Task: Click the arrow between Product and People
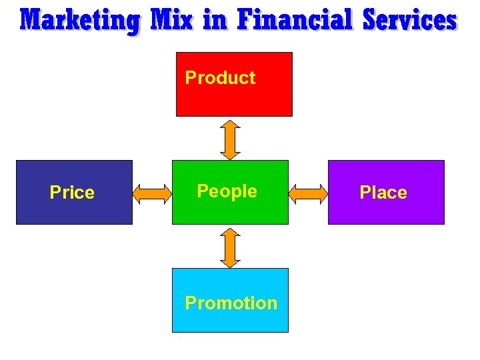pos(230,139)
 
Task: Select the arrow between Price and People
pos(152,193)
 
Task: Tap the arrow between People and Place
pos(308,193)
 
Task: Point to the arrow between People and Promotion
pos(230,247)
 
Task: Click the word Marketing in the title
pos(81,21)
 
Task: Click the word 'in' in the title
pos(215,21)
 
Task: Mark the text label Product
pos(220,78)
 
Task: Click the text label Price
pos(72,193)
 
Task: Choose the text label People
pos(227,191)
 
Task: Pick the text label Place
pos(383,193)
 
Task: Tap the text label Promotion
pos(231,303)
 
